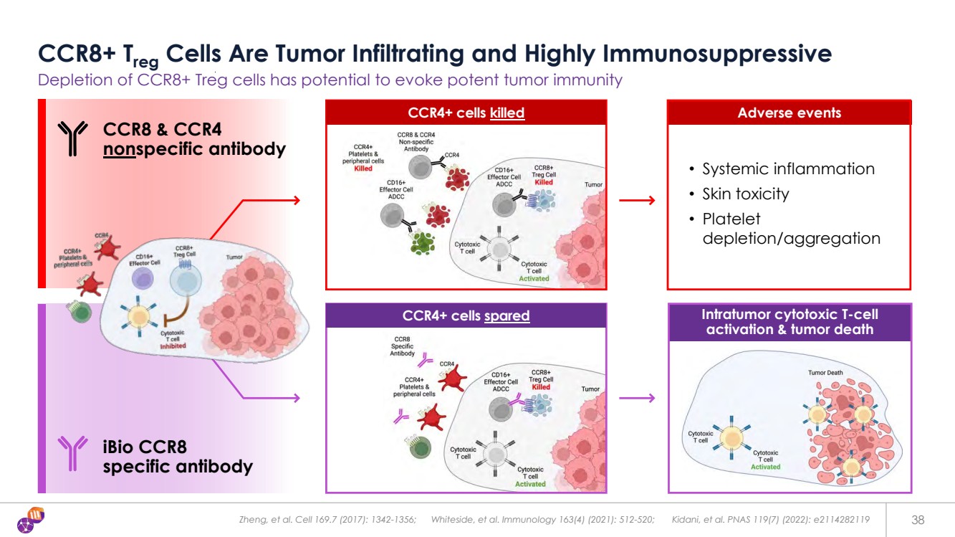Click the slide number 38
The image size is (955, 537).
click(917, 519)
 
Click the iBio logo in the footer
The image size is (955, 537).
click(31, 519)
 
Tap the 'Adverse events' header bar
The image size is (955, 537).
click(789, 113)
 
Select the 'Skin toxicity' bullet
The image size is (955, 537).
click(745, 194)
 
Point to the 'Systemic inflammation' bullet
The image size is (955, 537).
click(788, 169)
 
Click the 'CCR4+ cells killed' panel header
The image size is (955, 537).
click(466, 113)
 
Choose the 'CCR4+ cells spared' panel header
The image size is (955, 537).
click(466, 315)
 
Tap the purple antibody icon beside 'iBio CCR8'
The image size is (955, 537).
click(72, 455)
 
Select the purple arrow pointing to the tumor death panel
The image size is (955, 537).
click(636, 398)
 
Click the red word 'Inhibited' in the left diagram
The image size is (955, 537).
click(173, 346)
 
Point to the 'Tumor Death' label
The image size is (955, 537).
click(825, 373)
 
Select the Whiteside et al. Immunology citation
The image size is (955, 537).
click(542, 519)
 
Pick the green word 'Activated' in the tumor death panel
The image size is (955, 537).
click(765, 467)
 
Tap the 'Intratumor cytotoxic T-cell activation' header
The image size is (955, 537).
click(790, 322)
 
